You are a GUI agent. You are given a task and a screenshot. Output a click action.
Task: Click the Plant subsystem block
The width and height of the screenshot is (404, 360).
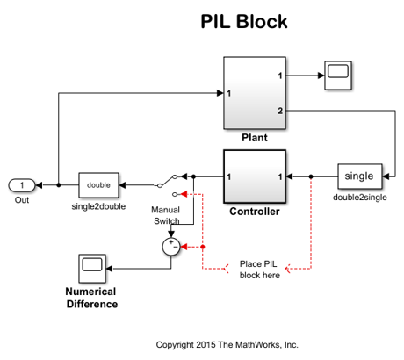click(x=255, y=93)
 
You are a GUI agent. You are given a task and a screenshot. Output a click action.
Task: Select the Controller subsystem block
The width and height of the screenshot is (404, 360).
click(x=255, y=176)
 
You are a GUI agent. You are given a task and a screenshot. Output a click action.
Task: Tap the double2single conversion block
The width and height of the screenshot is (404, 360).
click(x=360, y=176)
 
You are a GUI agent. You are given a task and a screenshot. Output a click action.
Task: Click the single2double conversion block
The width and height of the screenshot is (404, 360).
click(x=98, y=185)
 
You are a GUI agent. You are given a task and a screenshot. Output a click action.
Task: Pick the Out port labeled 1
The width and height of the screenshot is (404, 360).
click(x=22, y=185)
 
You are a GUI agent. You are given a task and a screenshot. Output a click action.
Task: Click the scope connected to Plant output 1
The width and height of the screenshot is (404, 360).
click(x=338, y=76)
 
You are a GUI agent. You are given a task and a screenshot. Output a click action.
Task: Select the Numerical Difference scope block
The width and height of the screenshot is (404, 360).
click(x=92, y=269)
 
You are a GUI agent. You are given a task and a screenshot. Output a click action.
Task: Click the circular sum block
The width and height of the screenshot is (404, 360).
click(x=171, y=247)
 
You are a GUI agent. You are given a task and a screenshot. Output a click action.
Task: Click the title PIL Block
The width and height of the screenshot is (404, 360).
click(x=244, y=21)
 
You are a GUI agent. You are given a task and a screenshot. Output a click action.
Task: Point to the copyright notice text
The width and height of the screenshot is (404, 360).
click(x=227, y=345)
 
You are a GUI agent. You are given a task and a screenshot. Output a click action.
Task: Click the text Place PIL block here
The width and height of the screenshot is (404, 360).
click(x=259, y=270)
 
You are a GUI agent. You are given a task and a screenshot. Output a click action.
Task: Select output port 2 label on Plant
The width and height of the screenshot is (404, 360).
click(x=280, y=111)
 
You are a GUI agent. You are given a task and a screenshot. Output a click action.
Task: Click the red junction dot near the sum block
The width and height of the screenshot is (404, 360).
click(x=203, y=247)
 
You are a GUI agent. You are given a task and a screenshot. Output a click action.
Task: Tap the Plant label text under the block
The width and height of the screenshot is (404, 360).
click(x=255, y=138)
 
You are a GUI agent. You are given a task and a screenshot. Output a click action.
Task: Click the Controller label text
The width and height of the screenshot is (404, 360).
click(x=255, y=212)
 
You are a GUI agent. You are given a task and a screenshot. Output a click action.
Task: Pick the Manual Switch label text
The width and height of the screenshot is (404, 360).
click(x=165, y=215)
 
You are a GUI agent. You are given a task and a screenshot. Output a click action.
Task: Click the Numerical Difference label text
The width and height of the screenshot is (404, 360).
click(x=91, y=298)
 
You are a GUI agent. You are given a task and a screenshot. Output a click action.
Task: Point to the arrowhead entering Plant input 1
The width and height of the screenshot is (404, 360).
click(x=220, y=93)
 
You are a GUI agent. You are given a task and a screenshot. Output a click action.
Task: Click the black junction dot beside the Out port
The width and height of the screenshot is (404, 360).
click(x=59, y=185)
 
